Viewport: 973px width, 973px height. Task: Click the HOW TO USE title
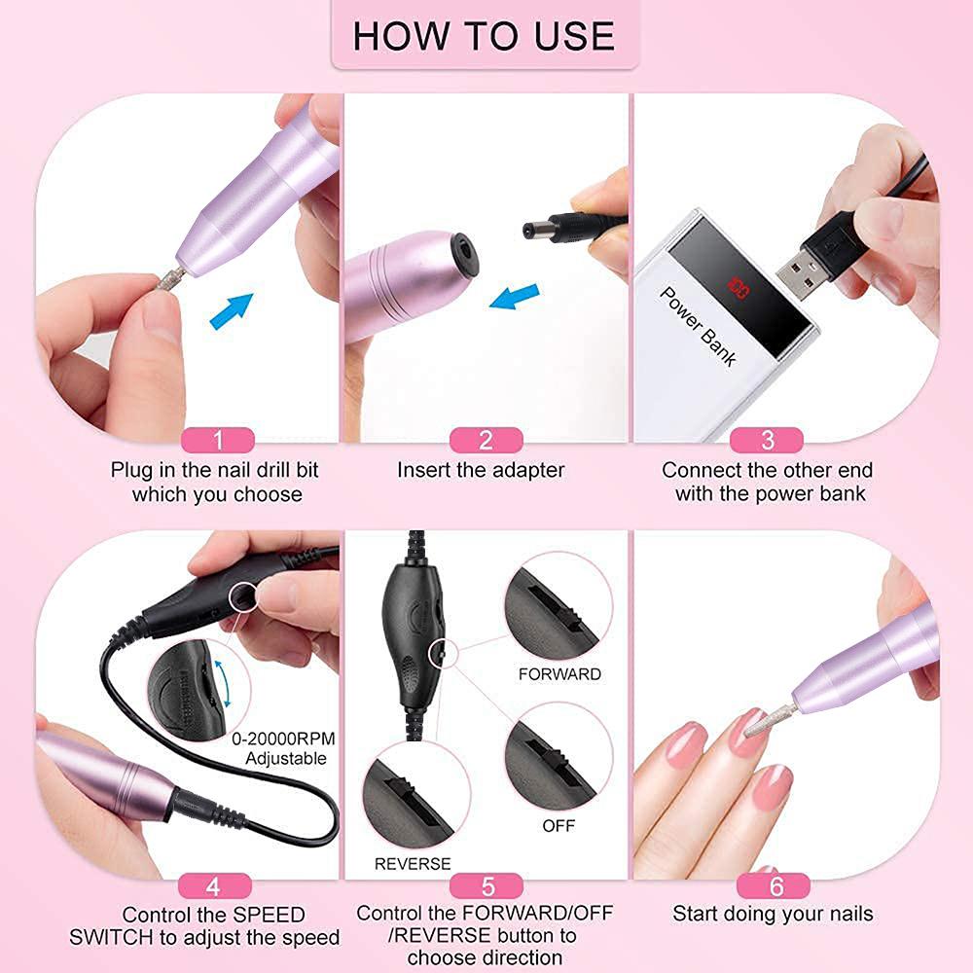(484, 36)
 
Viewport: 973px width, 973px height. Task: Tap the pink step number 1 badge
(218, 440)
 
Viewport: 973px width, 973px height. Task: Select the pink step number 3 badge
(768, 440)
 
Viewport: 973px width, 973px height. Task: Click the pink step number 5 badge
(487, 885)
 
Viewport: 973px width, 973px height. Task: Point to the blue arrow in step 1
(232, 311)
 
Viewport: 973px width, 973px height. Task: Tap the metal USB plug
(806, 267)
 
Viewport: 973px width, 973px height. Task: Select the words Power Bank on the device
(699, 326)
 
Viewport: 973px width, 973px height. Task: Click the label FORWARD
(559, 674)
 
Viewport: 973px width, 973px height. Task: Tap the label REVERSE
(413, 863)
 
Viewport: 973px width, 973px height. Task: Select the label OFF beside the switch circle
(559, 825)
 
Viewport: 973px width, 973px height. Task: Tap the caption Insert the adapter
(481, 470)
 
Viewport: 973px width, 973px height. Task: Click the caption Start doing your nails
(773, 914)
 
